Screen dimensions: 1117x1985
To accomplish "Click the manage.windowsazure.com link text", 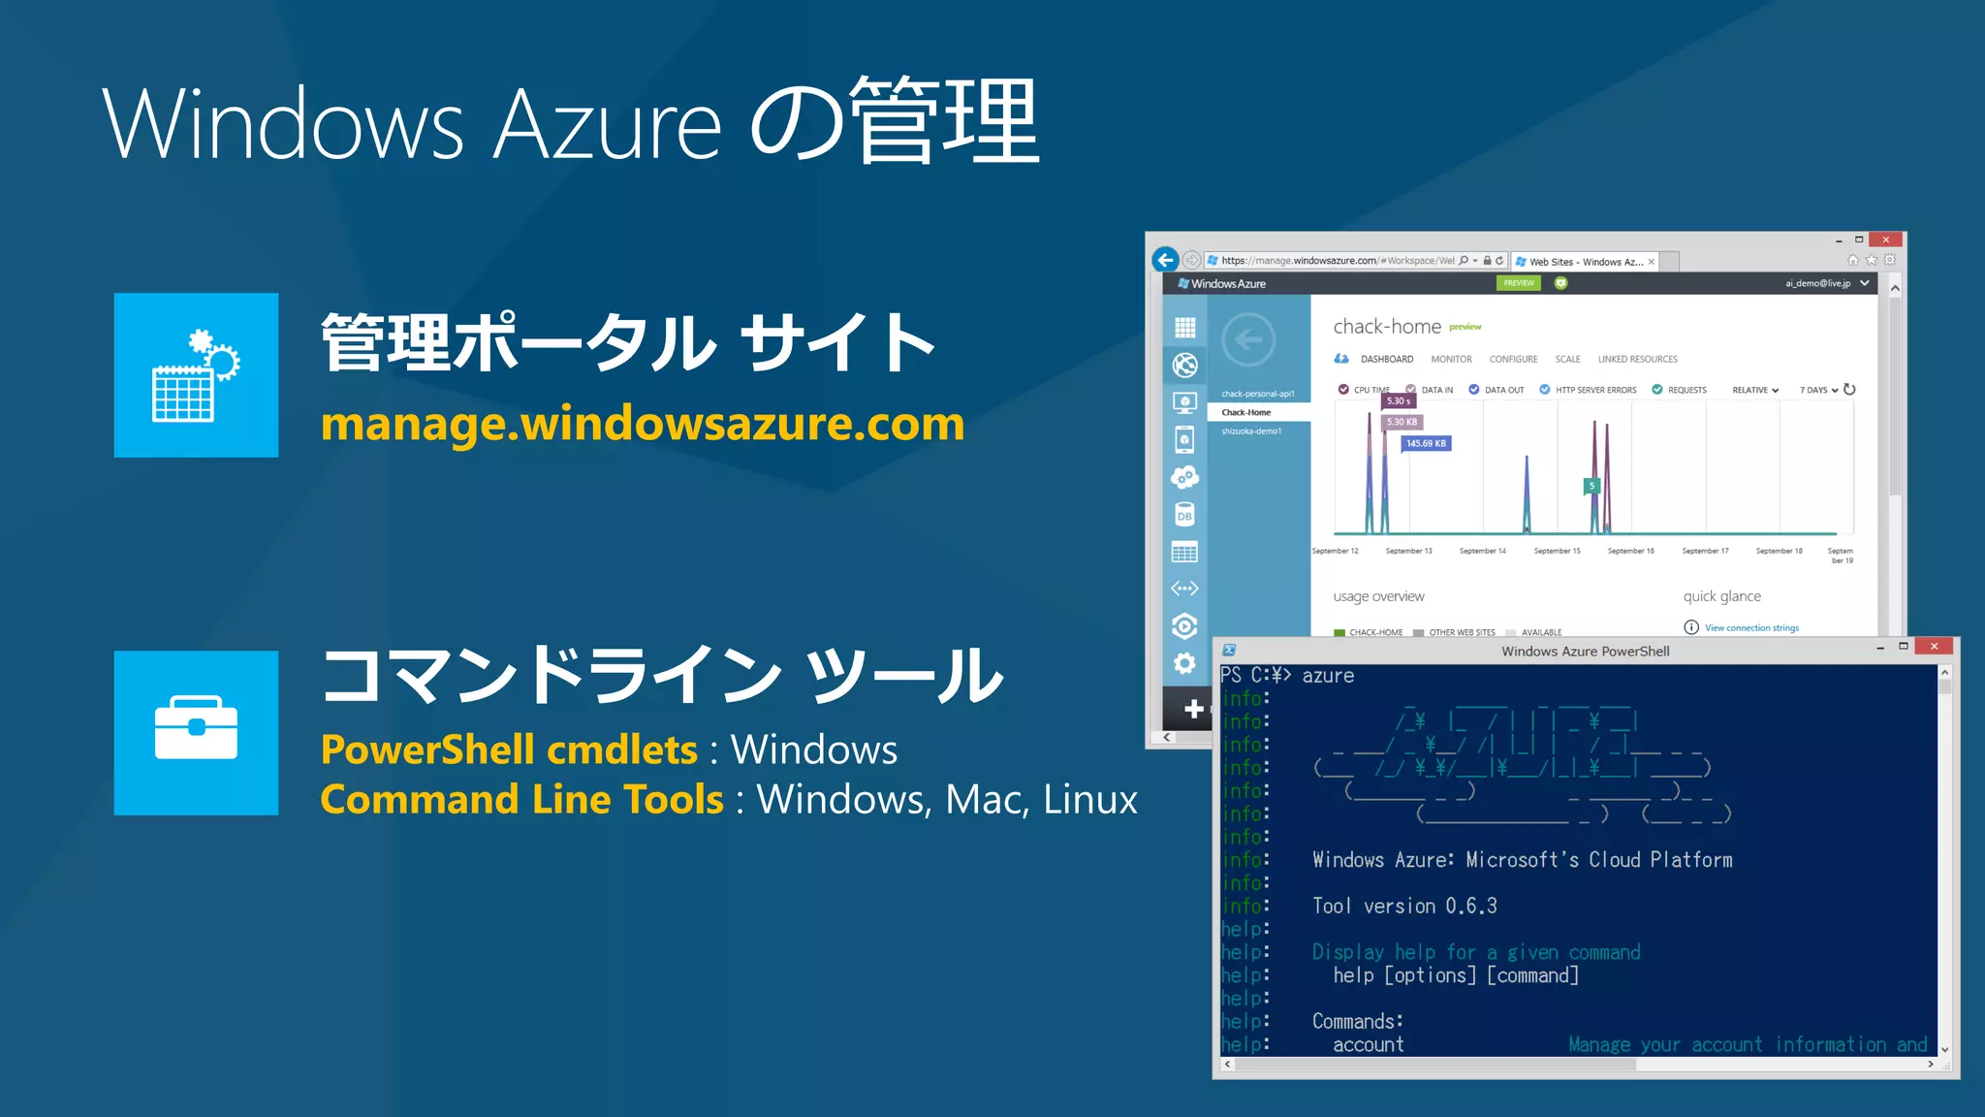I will click(x=642, y=425).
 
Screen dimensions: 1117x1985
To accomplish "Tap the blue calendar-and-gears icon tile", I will click(x=196, y=375).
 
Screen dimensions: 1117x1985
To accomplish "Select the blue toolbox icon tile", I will click(x=196, y=733).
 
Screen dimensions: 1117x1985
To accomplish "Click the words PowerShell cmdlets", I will click(x=509, y=750).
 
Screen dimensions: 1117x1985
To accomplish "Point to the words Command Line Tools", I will click(x=521, y=800).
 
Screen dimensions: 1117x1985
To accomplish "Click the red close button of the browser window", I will click(x=1885, y=239).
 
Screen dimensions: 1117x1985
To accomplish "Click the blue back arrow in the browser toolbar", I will click(x=1165, y=260).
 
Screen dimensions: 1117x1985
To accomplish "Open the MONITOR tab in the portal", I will click(x=1451, y=360).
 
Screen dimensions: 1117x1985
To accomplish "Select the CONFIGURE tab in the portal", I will click(x=1513, y=360).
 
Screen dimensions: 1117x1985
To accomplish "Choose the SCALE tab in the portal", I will click(x=1567, y=360).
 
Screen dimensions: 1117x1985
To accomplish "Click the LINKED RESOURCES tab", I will click(x=1637, y=360).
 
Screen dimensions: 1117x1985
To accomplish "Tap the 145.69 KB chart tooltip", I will click(x=1426, y=444).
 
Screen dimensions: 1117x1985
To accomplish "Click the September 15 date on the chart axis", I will click(x=1557, y=551).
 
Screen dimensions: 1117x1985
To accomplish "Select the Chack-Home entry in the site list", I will click(x=1246, y=413).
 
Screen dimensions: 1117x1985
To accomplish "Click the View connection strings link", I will click(x=1751, y=628).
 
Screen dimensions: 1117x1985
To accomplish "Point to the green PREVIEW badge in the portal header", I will click(x=1519, y=283).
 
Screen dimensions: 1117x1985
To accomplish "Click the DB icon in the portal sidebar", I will click(x=1184, y=515).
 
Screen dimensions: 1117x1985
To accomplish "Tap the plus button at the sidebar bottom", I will click(x=1193, y=709).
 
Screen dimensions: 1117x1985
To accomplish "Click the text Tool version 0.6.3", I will click(x=1404, y=907).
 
